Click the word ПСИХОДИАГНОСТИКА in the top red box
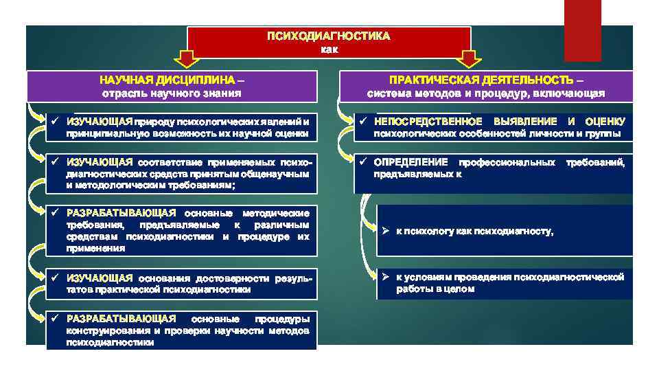point(329,36)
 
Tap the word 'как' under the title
point(329,49)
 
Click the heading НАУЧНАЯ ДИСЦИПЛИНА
point(166,80)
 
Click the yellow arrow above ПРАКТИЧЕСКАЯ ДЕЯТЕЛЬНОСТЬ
point(471,59)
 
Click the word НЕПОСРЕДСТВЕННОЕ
point(428,122)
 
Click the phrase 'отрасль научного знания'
point(171,93)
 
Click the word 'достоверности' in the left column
point(229,278)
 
